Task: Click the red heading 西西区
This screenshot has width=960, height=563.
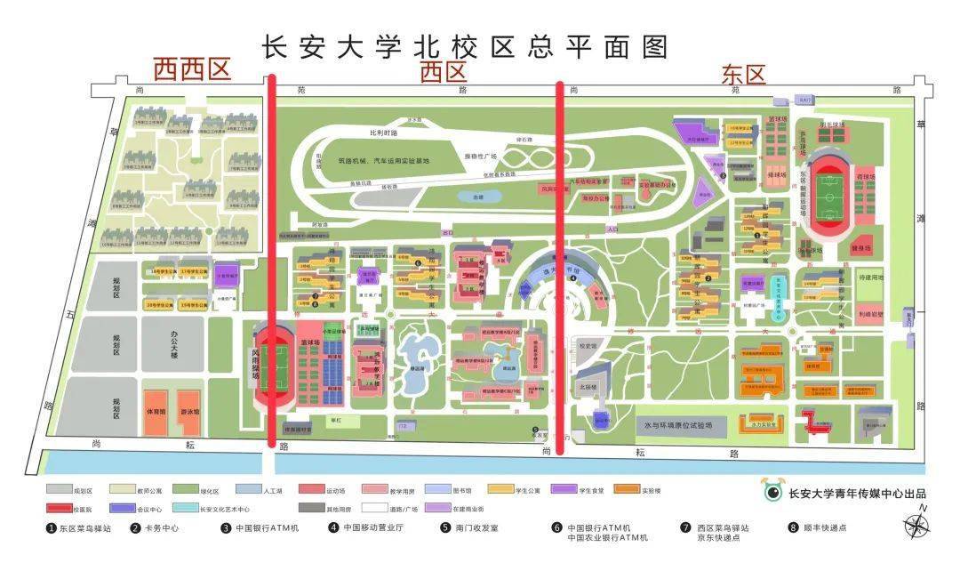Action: click(x=192, y=69)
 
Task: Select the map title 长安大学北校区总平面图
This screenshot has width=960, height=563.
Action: click(x=465, y=45)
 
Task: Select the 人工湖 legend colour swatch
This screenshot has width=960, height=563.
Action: click(x=252, y=489)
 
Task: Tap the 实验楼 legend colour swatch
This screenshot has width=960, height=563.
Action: click(x=628, y=489)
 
